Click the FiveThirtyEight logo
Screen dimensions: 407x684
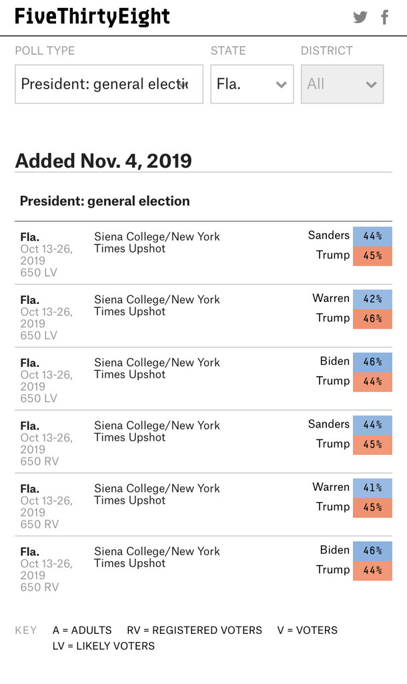(x=92, y=17)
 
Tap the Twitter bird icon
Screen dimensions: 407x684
(x=360, y=17)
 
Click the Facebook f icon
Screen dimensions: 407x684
(x=384, y=17)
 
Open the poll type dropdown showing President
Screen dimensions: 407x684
(x=109, y=84)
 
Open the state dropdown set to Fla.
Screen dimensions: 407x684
(x=252, y=84)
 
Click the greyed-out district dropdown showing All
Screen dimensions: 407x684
(x=342, y=84)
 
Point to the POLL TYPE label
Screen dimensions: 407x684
(x=45, y=51)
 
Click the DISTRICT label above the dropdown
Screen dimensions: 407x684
(x=326, y=51)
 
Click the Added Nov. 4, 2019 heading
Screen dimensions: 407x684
(x=103, y=161)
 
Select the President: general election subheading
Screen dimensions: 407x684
(x=105, y=201)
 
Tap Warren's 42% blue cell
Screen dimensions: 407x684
(x=372, y=299)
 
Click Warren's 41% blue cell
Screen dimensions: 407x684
(x=372, y=488)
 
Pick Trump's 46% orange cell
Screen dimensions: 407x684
(x=372, y=319)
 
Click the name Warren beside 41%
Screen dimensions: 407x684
(x=331, y=487)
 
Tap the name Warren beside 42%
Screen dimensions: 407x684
(x=331, y=298)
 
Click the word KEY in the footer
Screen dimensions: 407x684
(x=26, y=631)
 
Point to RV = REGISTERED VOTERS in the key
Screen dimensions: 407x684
(x=194, y=631)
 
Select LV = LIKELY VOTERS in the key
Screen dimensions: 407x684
(x=103, y=646)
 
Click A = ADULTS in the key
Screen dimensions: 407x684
(x=82, y=631)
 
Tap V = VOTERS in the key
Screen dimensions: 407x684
(x=307, y=631)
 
